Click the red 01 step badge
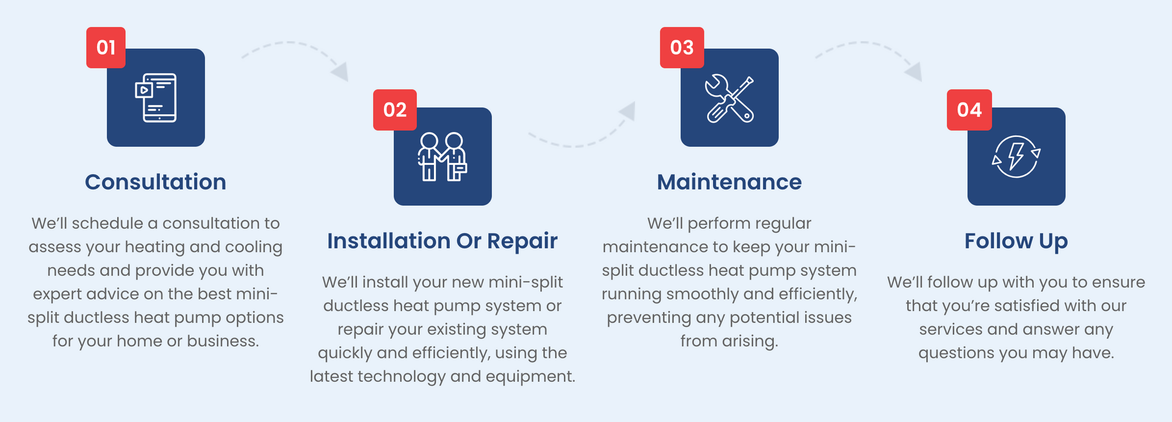(x=106, y=48)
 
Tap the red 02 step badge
(x=395, y=110)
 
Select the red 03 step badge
(x=682, y=48)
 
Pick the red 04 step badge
(x=969, y=110)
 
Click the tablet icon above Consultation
(x=156, y=98)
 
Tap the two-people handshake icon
(x=443, y=156)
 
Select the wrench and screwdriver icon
(x=729, y=98)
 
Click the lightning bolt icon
(x=1016, y=156)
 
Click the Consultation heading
(x=156, y=182)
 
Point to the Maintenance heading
(x=729, y=182)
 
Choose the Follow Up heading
(x=1016, y=241)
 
